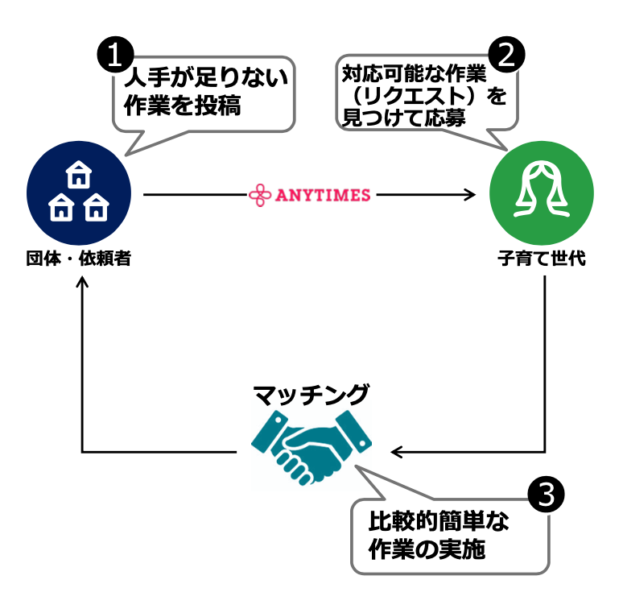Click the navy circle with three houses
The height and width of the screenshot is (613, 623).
pos(78,194)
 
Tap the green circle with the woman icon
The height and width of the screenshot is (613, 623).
pos(541,194)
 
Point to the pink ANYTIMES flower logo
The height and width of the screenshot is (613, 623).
pos(260,194)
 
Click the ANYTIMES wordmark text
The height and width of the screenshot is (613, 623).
pos(323,194)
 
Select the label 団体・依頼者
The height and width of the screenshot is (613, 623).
pos(78,259)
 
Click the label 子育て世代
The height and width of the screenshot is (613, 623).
pos(541,259)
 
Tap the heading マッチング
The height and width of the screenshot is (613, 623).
pos(311,395)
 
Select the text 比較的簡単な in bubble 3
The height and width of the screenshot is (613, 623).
pos(439,520)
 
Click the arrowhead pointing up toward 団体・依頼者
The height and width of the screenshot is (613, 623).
pos(83,284)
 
